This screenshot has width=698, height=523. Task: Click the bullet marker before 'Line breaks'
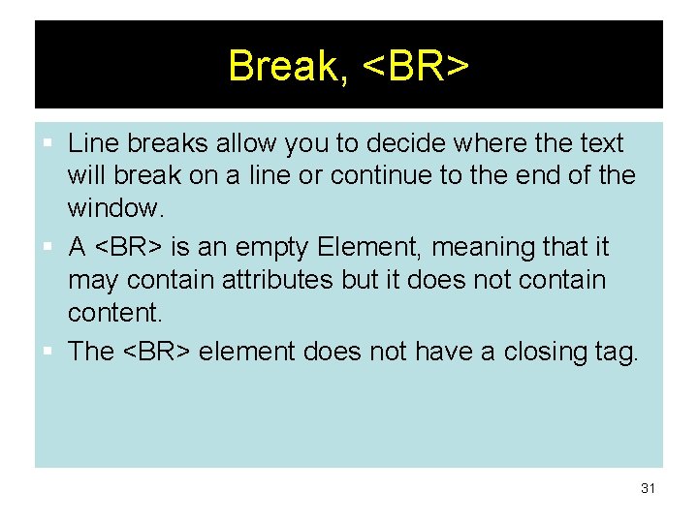51,144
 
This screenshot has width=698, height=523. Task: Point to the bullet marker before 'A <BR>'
51,248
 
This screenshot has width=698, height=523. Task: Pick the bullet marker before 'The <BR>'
51,352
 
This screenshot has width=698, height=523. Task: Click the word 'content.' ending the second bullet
112,313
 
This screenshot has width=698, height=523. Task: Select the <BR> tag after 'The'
156,352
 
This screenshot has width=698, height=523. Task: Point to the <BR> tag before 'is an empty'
129,248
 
